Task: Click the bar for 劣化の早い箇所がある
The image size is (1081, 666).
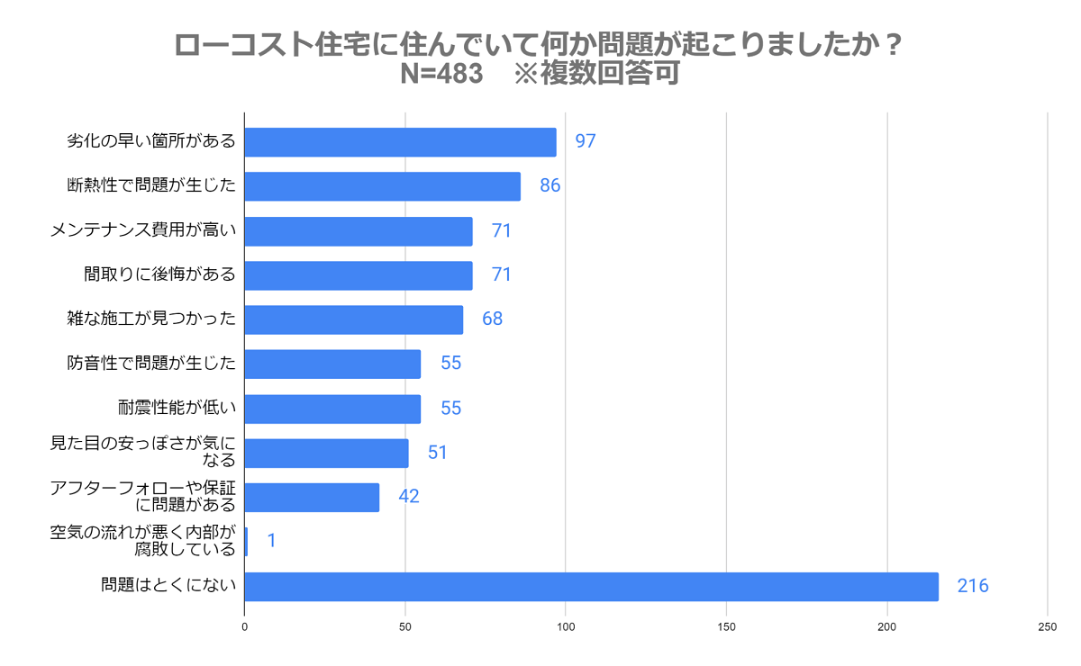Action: [x=400, y=142]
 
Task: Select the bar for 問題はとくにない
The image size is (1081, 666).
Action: [x=591, y=587]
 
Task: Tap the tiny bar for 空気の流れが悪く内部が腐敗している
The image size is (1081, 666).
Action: [x=246, y=542]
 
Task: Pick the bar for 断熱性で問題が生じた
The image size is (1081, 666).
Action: [x=382, y=186]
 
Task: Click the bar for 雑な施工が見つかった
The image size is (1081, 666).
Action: [x=353, y=319]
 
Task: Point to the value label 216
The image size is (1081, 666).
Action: [x=972, y=587]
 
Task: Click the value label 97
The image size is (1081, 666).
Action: [x=585, y=142]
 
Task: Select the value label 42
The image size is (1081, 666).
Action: [x=409, y=498]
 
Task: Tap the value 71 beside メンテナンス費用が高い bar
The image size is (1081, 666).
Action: [x=501, y=231]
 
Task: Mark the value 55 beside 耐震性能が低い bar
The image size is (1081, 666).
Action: [x=450, y=409]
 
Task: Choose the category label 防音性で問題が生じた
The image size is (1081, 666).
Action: [x=151, y=364]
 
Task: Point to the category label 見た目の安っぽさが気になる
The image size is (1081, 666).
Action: [x=142, y=452]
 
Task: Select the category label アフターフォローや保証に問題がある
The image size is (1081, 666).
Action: [x=142, y=497]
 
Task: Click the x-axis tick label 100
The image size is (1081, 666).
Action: [x=566, y=626]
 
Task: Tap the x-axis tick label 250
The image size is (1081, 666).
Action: [x=1048, y=626]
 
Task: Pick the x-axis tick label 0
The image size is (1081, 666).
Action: [x=245, y=626]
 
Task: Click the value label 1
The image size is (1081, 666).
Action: [x=271, y=542]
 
